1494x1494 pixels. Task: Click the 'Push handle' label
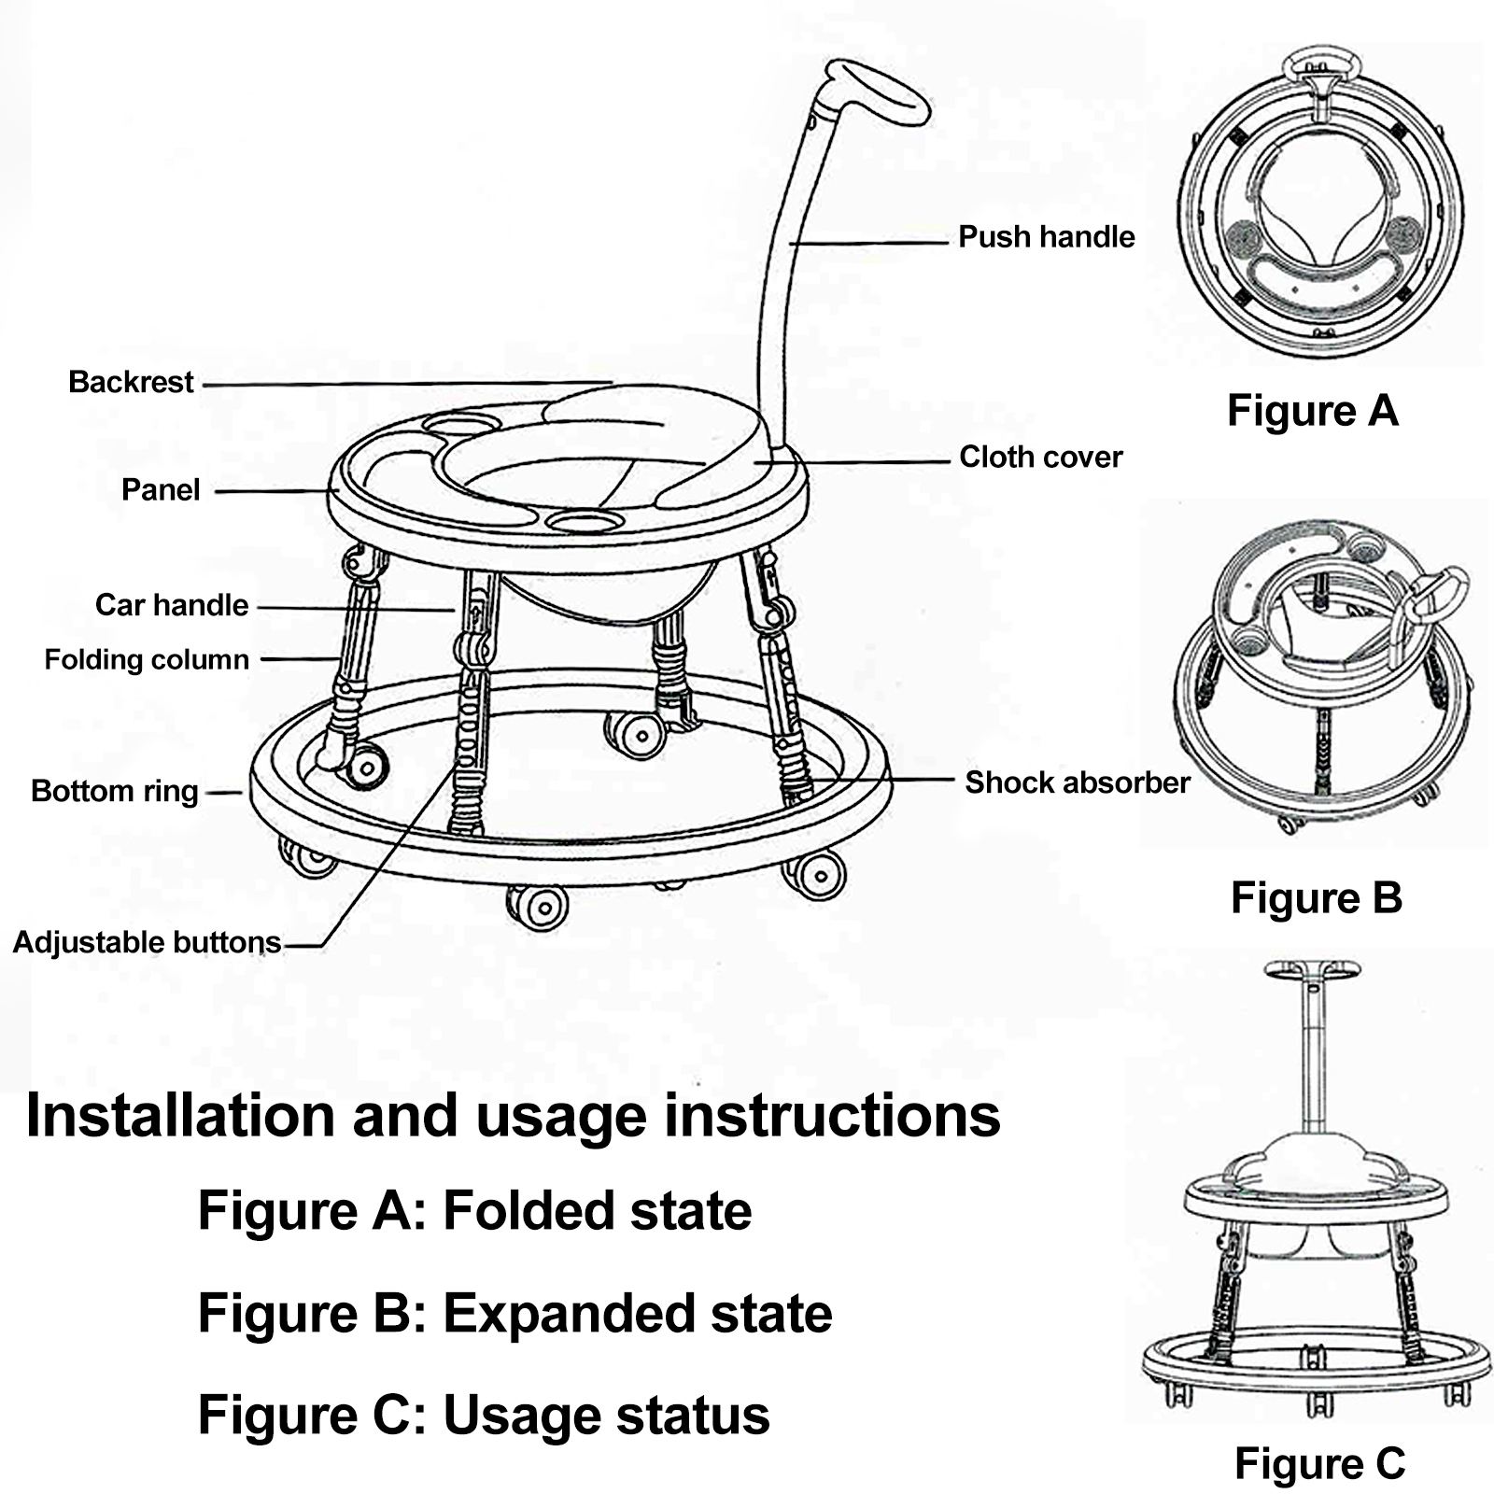click(x=1046, y=237)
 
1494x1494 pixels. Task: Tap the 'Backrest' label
click(x=131, y=382)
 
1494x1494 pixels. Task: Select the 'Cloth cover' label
click(x=1040, y=458)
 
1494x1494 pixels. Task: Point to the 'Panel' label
click(x=161, y=490)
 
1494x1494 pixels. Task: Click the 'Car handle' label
click(x=172, y=605)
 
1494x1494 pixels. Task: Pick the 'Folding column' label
click(x=147, y=660)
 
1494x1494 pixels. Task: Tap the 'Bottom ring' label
click(x=114, y=792)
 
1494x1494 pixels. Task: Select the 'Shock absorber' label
click(x=1077, y=782)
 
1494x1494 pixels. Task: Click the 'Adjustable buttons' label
click(x=147, y=943)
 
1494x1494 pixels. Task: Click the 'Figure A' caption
click(x=1312, y=411)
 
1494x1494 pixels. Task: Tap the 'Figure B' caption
click(x=1316, y=898)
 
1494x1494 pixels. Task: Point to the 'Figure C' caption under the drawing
click(x=1318, y=1463)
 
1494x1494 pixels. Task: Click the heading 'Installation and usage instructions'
click(x=513, y=1116)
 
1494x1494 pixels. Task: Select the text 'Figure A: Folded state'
click(x=474, y=1211)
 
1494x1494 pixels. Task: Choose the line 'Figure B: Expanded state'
click(x=514, y=1314)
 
